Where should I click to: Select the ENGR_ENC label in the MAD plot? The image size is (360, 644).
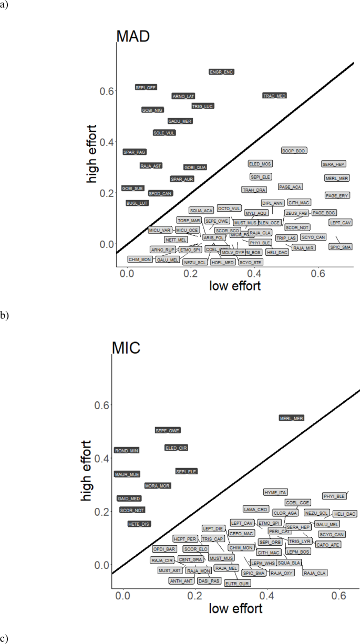pos(221,71)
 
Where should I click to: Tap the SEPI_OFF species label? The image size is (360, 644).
pos(146,87)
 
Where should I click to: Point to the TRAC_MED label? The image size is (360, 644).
pos(275,96)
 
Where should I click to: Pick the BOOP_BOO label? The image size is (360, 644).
pos(294,151)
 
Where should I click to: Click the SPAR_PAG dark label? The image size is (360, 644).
pos(135,152)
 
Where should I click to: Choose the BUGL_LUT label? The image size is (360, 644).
pos(138,203)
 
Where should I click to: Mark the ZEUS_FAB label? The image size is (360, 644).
pos(296,213)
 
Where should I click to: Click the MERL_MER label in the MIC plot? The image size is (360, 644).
pos(291,418)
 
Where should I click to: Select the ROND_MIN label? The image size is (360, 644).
pos(127,450)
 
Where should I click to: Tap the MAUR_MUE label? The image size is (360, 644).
pos(127,474)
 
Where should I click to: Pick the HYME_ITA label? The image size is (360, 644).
pos(275,492)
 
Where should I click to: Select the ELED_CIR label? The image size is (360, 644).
pos(176,448)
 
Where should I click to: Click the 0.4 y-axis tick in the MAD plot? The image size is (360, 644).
pos(107,142)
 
